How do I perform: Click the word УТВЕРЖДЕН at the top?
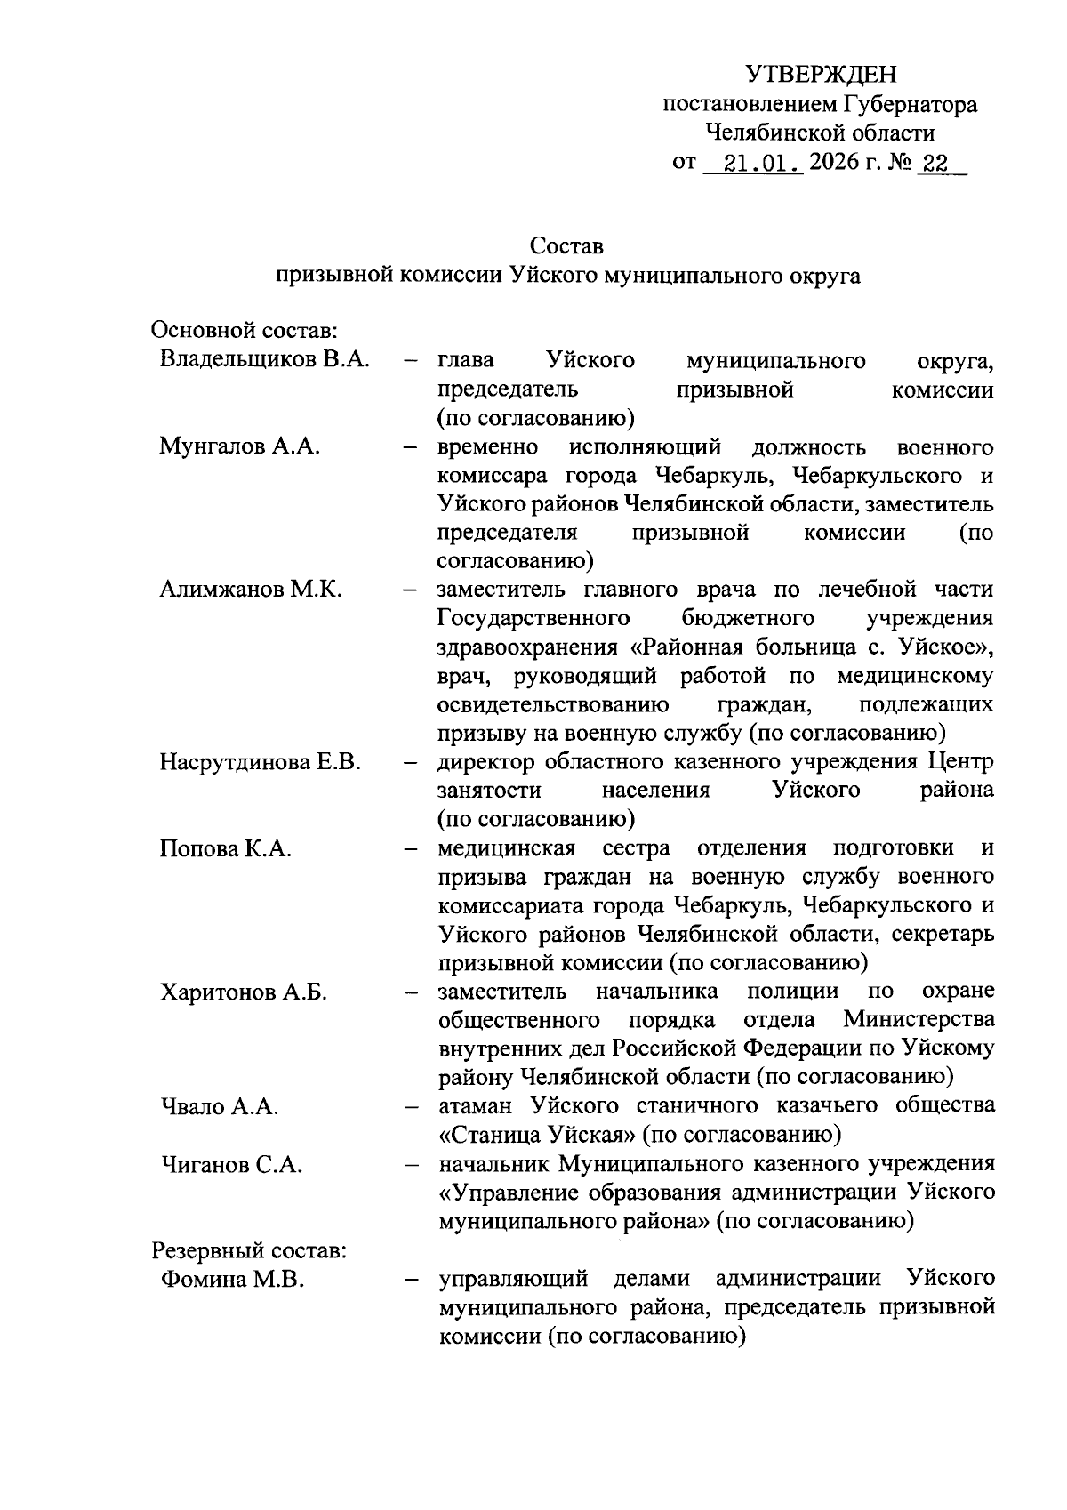point(821,73)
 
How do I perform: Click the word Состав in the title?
point(566,245)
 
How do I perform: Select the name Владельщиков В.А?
point(265,360)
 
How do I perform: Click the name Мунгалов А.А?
point(239,446)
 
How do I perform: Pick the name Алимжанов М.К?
point(251,590)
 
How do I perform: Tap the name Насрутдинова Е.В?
point(260,762)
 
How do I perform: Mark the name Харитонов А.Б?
point(244,992)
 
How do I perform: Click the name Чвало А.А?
point(220,1107)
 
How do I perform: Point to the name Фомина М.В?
point(232,1280)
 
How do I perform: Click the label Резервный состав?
point(248,1250)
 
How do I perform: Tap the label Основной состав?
point(243,332)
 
